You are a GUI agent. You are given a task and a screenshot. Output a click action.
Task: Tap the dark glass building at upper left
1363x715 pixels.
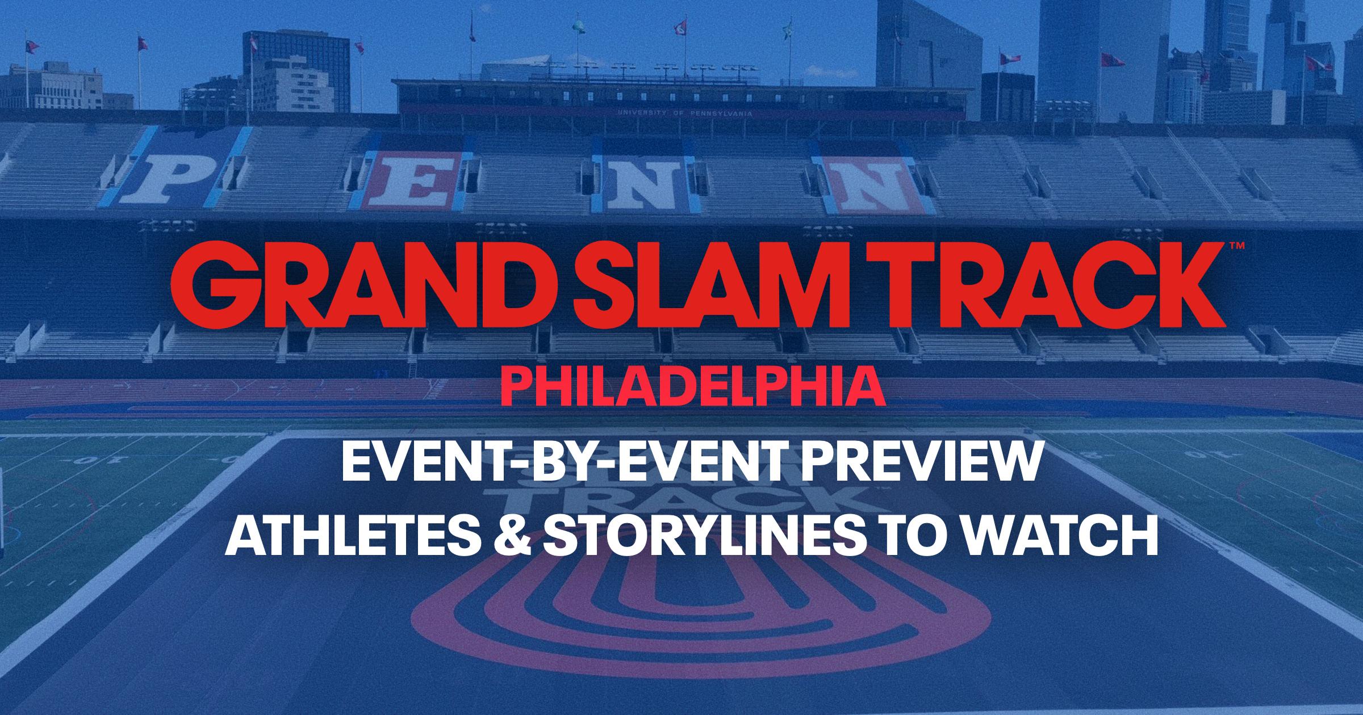click(295, 62)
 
